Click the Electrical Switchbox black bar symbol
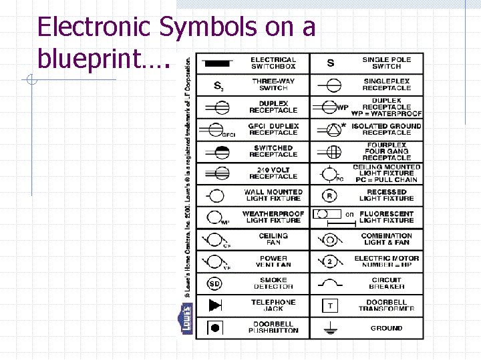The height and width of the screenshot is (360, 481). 216,63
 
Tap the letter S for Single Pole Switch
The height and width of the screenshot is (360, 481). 331,63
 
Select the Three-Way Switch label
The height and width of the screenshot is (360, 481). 273,85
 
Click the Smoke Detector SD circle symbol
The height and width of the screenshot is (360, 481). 214,283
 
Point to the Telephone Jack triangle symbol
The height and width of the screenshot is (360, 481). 215,305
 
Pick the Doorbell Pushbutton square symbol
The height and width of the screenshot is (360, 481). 215,327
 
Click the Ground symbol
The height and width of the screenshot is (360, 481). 330,327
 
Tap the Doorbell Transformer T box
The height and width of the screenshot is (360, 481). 330,305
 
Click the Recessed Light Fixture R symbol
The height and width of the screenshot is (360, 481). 330,195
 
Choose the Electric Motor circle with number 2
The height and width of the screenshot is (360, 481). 330,261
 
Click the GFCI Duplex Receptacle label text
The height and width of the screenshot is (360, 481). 273,129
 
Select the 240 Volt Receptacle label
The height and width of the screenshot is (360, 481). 273,173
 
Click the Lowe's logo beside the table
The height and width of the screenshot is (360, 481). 187,317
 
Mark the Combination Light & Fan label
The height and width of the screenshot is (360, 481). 386,239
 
